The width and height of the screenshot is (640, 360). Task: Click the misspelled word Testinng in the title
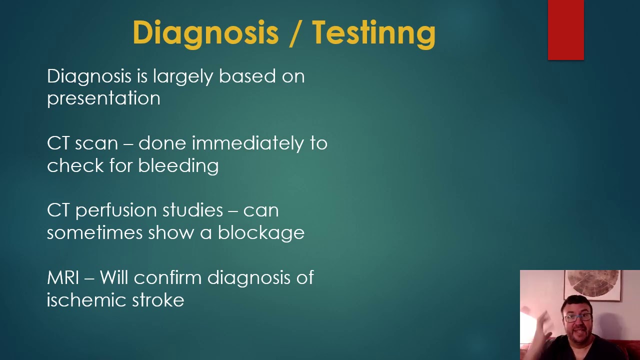coord(374,33)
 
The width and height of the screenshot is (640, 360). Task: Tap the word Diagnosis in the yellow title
coord(205,33)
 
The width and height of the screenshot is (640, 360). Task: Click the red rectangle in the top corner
coord(565,30)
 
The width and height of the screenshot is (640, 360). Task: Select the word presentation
coord(103,98)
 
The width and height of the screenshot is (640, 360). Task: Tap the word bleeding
coord(178,165)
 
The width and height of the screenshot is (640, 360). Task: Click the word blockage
coord(260,233)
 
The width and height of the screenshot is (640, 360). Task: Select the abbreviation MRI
coord(63,277)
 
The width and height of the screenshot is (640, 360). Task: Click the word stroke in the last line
coord(158,300)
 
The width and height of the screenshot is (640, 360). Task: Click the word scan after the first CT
coord(96,143)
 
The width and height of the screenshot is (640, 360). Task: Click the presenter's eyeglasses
coord(577,317)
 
